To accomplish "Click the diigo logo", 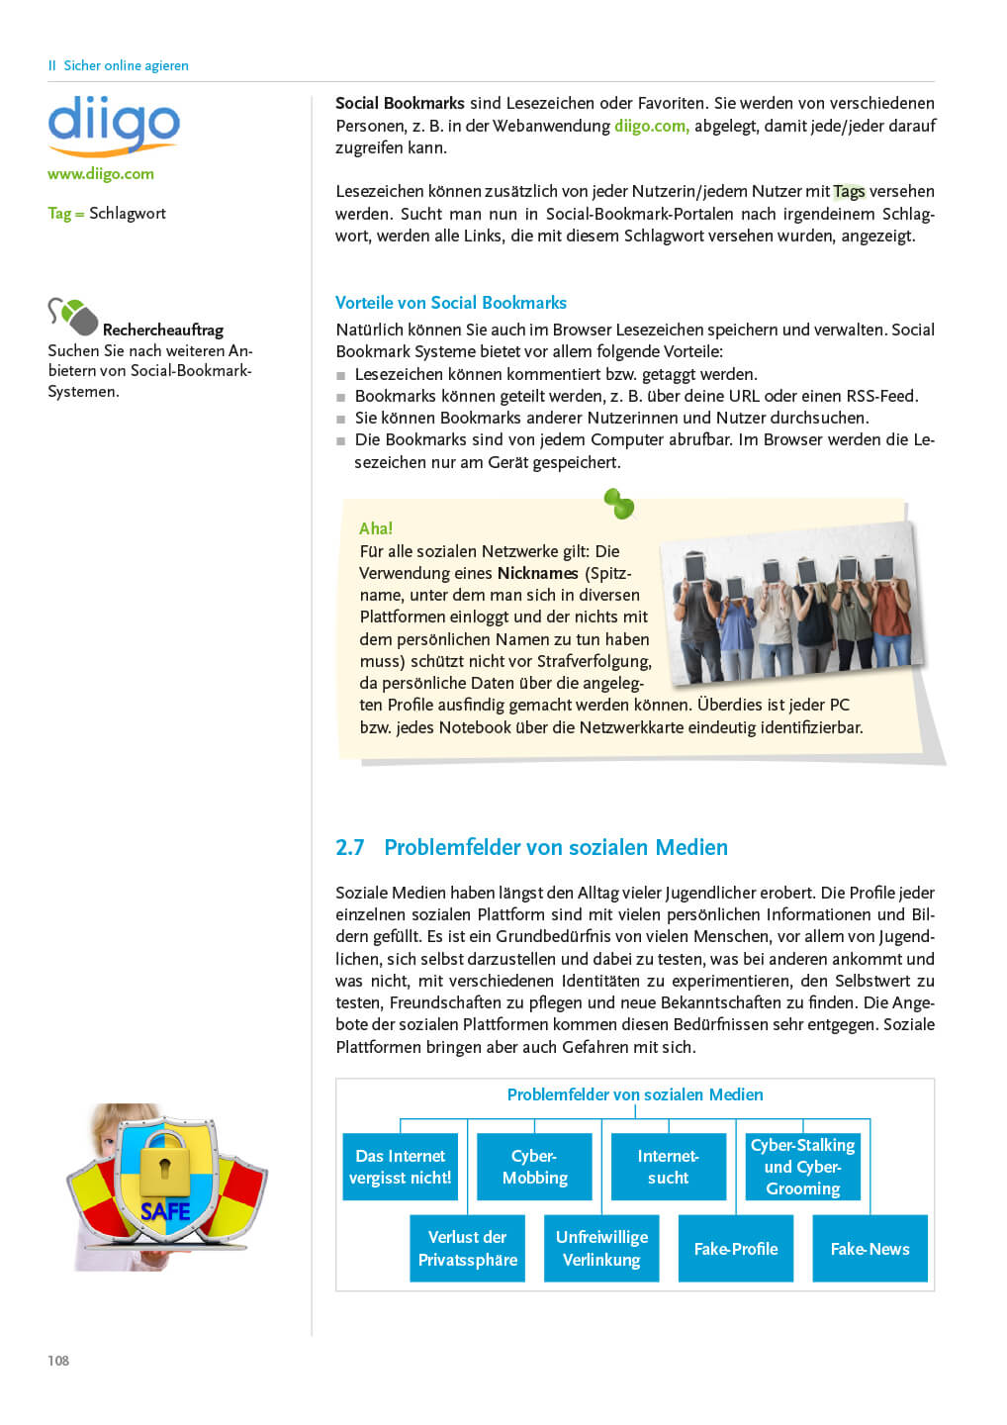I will [114, 125].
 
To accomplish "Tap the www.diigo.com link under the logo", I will [101, 174].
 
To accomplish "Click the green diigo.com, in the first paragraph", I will [651, 126].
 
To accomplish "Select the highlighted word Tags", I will [849, 191].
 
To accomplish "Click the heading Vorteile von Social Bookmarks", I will [450, 303].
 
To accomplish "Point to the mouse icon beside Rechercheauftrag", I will [73, 317].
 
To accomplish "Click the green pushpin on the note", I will [619, 504].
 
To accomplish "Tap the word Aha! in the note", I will [376, 528].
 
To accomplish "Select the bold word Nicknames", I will [537, 573].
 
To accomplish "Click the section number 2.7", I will [349, 848].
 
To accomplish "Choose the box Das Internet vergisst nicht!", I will [400, 1167].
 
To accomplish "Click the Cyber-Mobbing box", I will [534, 1167].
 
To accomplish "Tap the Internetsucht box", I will [668, 1167].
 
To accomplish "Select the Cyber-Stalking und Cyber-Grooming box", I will [802, 1167].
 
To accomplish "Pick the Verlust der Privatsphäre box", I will [467, 1249].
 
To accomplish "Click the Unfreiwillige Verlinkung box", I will [601, 1249].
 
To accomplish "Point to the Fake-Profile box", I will [736, 1249].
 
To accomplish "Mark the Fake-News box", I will [870, 1249].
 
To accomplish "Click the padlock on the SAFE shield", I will [164, 1167].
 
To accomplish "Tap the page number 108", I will [58, 1361].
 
